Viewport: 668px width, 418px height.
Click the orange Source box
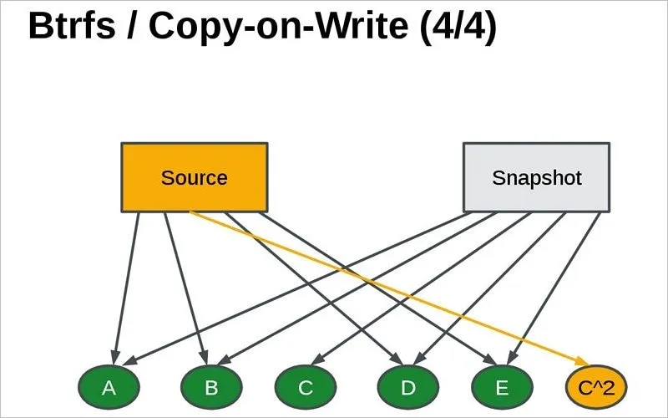point(194,177)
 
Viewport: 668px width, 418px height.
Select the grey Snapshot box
point(536,177)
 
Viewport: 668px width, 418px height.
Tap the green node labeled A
point(109,387)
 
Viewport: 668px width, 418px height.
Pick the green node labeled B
point(211,387)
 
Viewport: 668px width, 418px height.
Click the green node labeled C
point(306,387)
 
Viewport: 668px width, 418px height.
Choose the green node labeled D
point(408,387)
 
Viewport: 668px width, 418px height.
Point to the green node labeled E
point(502,387)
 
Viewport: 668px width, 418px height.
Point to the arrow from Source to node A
point(125,284)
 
